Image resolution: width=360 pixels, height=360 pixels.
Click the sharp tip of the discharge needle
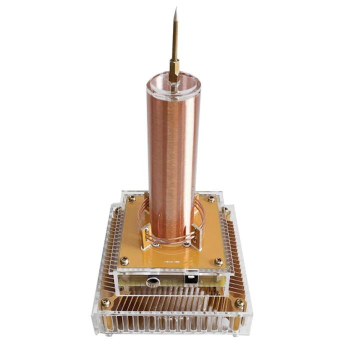coord(176,9)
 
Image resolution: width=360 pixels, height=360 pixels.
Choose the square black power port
coord(190,279)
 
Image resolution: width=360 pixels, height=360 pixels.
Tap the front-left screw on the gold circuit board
coord(124,260)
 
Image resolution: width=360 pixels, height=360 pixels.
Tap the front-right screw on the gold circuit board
coord(218,261)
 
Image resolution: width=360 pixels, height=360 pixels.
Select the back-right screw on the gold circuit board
coord(211,199)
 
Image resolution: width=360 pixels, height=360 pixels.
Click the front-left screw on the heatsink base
coord(105,302)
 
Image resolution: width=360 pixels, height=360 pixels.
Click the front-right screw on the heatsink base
coord(239,303)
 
